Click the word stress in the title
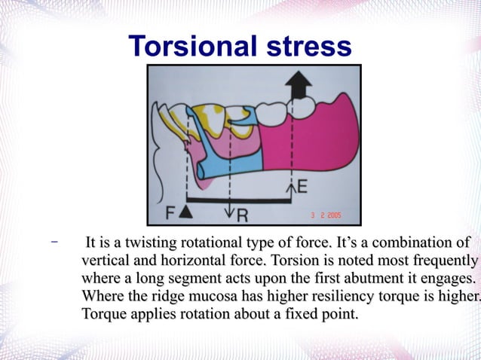pyautogui.click(x=306, y=46)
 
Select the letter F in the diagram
pyautogui.click(x=171, y=212)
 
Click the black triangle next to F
pyautogui.click(x=187, y=213)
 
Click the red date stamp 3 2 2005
pyautogui.click(x=326, y=215)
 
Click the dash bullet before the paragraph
pyautogui.click(x=54, y=243)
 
